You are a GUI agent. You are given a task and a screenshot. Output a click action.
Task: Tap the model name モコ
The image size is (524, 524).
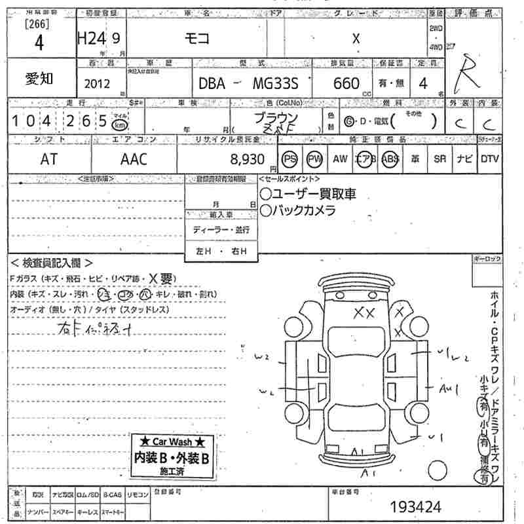pyautogui.click(x=196, y=39)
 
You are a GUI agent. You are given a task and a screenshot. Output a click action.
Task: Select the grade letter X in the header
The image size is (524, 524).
pyautogui.click(x=356, y=39)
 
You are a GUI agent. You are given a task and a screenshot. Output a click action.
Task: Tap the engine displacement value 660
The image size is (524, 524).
pyautogui.click(x=346, y=83)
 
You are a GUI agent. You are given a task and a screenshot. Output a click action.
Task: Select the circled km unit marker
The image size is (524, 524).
pyautogui.click(x=119, y=124)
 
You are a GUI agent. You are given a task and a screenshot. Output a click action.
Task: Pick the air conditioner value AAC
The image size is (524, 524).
pyautogui.click(x=134, y=159)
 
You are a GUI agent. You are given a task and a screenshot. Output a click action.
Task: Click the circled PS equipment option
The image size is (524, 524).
pyautogui.click(x=290, y=159)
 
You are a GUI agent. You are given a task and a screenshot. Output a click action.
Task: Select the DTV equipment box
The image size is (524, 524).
pyautogui.click(x=489, y=159)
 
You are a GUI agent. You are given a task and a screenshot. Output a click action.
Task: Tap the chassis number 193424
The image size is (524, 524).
pyautogui.click(x=415, y=506)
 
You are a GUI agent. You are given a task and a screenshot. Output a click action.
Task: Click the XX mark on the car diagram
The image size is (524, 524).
pyautogui.click(x=363, y=313)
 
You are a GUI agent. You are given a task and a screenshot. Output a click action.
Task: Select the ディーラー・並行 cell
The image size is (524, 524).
pyautogui.click(x=221, y=231)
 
